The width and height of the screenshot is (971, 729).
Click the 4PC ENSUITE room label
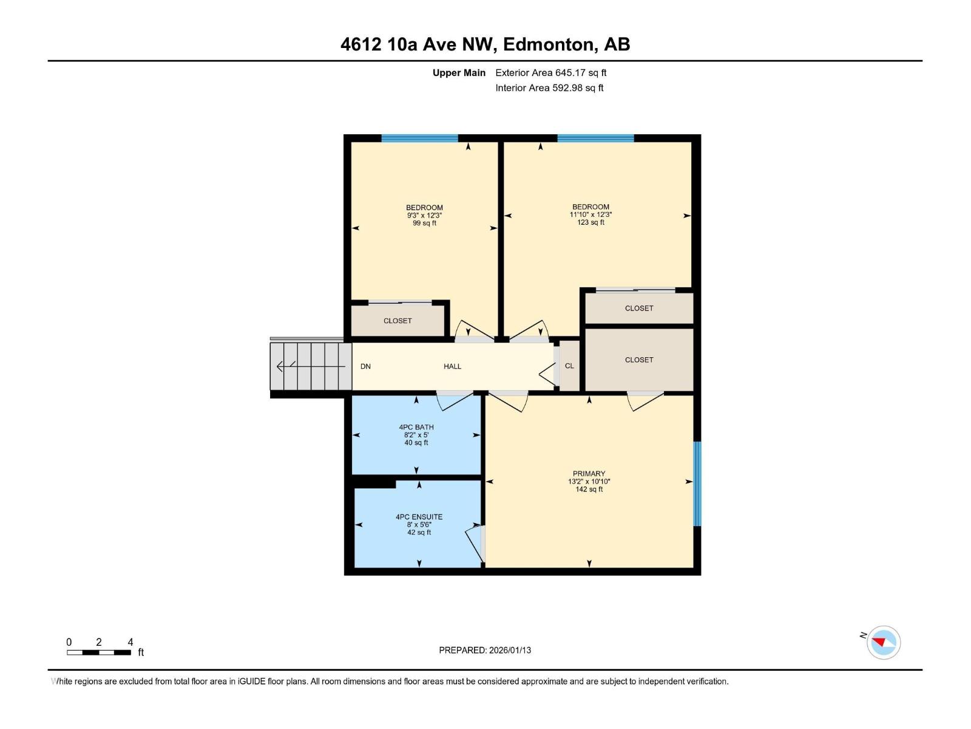[x=419, y=517]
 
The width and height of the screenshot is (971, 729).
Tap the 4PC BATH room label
[x=416, y=427]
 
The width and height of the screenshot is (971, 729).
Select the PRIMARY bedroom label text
[x=589, y=474]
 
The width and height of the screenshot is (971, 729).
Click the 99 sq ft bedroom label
[x=424, y=215]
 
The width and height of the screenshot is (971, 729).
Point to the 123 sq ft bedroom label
[x=590, y=214]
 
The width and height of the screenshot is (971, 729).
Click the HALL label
[x=452, y=366]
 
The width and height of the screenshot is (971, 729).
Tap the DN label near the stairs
[x=365, y=366]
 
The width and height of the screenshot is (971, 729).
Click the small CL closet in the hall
[x=569, y=366]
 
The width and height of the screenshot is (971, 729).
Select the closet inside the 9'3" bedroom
[x=398, y=320]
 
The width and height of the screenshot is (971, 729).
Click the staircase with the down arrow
[x=311, y=366]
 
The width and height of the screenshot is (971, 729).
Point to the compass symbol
[x=884, y=642]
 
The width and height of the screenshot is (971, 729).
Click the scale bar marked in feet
[x=99, y=652]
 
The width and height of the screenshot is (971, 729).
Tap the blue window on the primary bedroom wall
[x=697, y=483]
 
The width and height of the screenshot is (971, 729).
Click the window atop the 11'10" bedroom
[x=595, y=139]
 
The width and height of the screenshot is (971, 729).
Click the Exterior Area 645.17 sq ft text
[x=550, y=73]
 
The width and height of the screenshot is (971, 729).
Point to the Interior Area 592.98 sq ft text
[x=549, y=88]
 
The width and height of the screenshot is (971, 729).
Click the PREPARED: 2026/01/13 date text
[x=485, y=650]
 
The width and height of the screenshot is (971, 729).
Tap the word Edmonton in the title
[x=548, y=44]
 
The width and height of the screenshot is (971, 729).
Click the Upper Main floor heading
[x=459, y=73]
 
